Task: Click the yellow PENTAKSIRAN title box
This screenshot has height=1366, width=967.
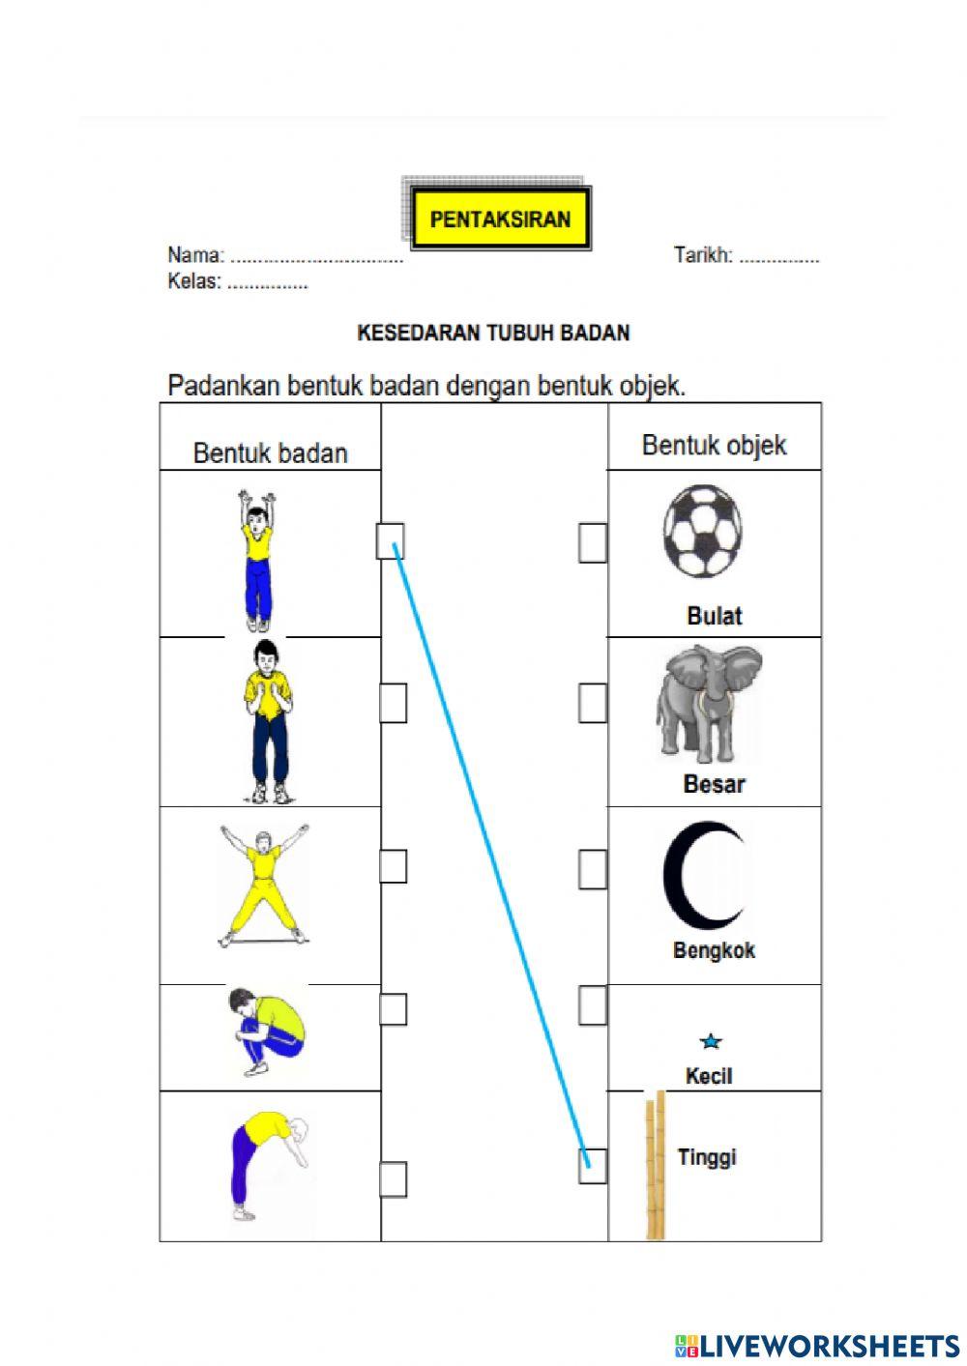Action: pyautogui.click(x=500, y=218)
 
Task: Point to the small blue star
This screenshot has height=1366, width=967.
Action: pyautogui.click(x=711, y=1041)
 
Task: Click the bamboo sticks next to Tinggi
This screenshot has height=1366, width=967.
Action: pyautogui.click(x=656, y=1166)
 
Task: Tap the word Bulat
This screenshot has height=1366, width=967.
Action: pyautogui.click(x=714, y=616)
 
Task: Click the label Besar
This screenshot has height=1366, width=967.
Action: pyautogui.click(x=714, y=784)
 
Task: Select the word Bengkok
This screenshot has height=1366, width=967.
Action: pyautogui.click(x=714, y=950)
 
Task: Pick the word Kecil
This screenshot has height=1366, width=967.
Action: pyautogui.click(x=709, y=1076)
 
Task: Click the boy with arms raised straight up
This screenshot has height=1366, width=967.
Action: pyautogui.click(x=256, y=559)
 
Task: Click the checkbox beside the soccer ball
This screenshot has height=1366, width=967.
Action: pyautogui.click(x=592, y=542)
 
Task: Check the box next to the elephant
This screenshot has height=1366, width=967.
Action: pyautogui.click(x=592, y=702)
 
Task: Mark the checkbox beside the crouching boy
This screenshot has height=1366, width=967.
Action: pyautogui.click(x=392, y=1008)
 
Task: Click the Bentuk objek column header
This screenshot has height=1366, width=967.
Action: pyautogui.click(x=714, y=446)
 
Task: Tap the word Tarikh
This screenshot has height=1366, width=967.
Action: pyautogui.click(x=702, y=256)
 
